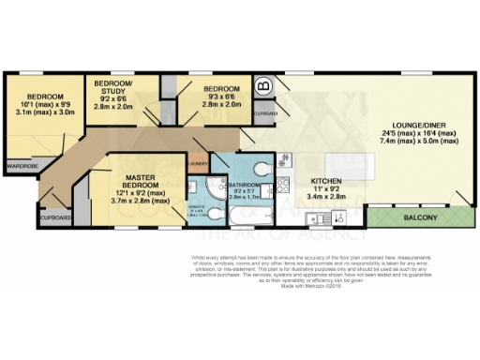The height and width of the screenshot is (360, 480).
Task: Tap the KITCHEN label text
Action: (x=327, y=180)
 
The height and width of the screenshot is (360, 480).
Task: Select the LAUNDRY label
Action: (x=197, y=163)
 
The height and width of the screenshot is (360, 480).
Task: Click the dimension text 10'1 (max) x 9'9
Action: (x=44, y=106)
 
